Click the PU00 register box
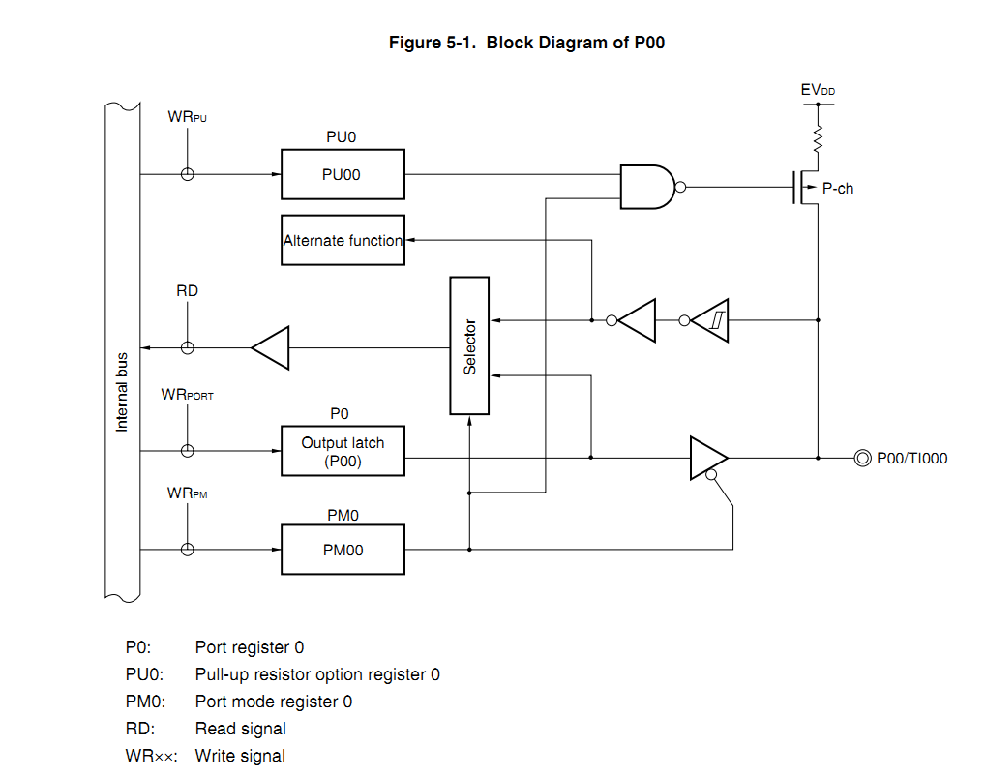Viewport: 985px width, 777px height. pos(343,174)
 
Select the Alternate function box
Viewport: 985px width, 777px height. pos(343,240)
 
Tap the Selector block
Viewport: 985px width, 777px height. pos(470,345)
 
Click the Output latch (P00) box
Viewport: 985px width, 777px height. pos(343,451)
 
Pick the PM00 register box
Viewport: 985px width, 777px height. pos(343,550)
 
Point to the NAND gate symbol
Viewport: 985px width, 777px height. pos(647,187)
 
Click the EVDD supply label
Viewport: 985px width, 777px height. pos(818,90)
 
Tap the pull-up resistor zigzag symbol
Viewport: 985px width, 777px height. pos(818,137)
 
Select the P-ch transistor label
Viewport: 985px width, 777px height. pos(838,189)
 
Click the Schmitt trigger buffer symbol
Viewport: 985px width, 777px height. pos(711,319)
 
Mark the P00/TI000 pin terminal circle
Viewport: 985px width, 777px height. pos(863,458)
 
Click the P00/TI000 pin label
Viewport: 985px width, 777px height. pos(911,459)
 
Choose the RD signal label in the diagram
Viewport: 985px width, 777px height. pos(188,290)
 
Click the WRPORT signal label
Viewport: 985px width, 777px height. pos(188,395)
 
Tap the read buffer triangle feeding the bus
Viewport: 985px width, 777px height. pos(271,347)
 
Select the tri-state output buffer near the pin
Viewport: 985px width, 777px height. pos(707,457)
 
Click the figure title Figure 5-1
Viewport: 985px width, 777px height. pos(526,43)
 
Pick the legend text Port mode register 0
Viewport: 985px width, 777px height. pos(273,702)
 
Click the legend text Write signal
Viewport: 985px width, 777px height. pos(240,756)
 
